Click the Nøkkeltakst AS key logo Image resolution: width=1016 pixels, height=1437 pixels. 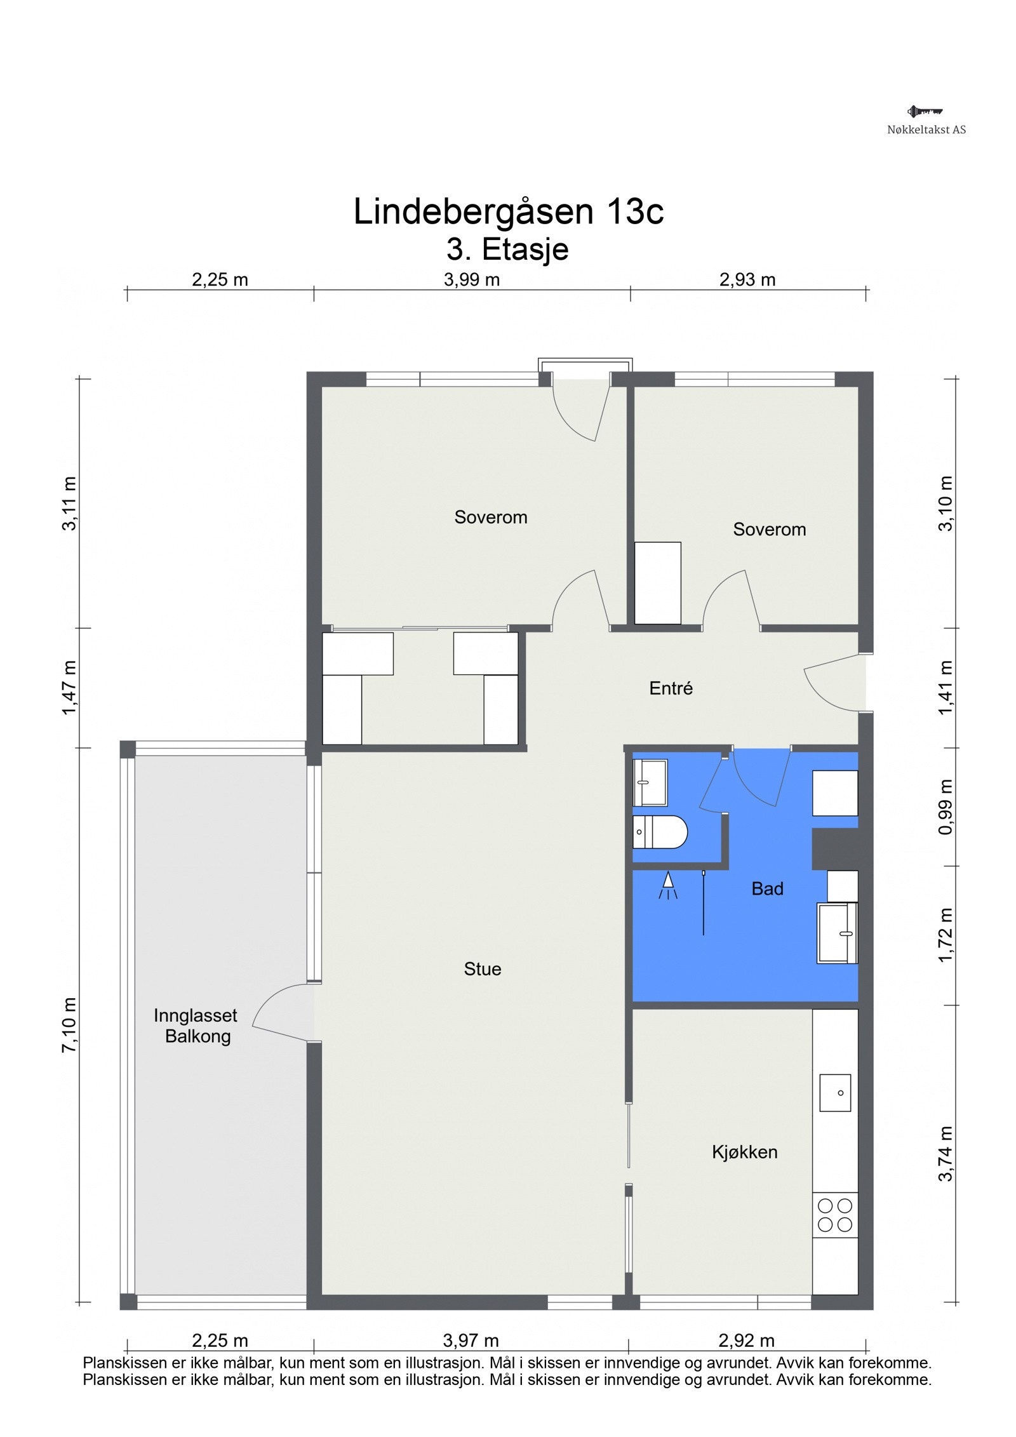tap(925, 112)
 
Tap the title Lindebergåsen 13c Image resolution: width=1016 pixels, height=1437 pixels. tap(508, 211)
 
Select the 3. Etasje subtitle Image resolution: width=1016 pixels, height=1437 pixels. tap(507, 249)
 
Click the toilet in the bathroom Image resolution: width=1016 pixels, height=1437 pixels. tap(660, 832)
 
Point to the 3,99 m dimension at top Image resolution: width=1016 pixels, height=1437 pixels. tap(472, 279)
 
